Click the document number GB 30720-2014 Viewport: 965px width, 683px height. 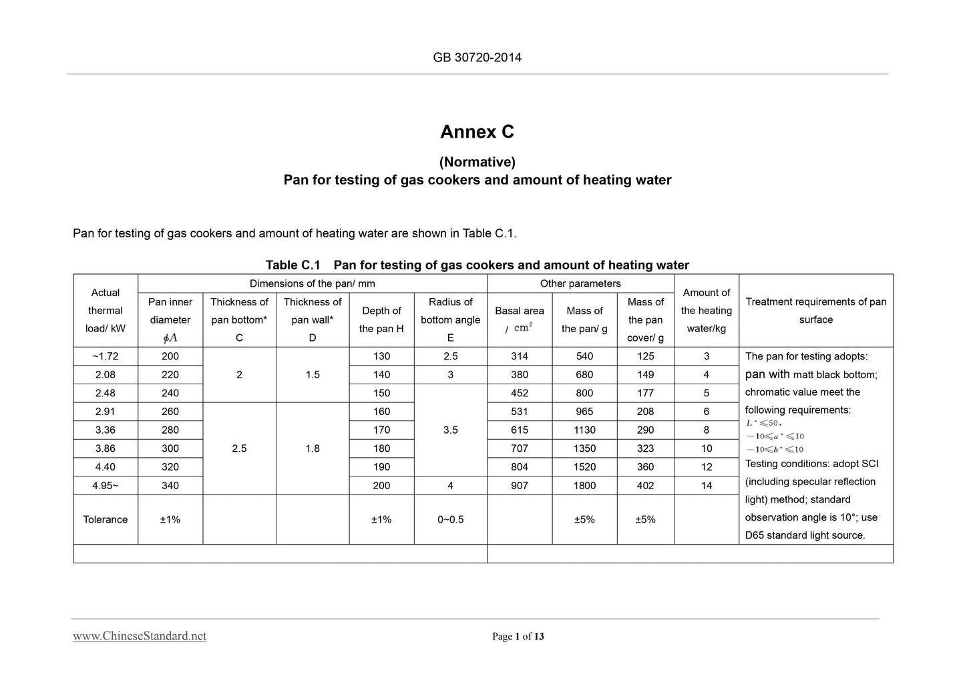coord(477,57)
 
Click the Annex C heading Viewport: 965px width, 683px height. coord(477,132)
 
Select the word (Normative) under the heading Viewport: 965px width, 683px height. coord(477,162)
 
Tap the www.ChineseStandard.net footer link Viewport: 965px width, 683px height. coord(140,636)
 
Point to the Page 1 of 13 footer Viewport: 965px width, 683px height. coord(518,636)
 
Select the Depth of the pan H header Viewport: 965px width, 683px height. coord(381,319)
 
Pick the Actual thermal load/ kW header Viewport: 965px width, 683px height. coord(106,310)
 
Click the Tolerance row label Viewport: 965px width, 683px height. coord(106,519)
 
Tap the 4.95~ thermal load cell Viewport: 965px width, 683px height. coord(106,485)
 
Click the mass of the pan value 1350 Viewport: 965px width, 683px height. coord(584,448)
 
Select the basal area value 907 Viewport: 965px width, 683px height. coord(519,485)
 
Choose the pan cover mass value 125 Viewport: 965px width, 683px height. coord(645,356)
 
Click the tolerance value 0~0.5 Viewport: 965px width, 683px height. coord(450,519)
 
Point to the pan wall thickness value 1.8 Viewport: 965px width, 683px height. coord(313,448)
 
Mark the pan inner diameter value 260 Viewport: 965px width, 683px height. coord(170,412)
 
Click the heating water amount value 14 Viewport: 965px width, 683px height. coord(706,485)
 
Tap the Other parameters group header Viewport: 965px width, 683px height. coord(580,283)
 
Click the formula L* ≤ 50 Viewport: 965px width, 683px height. coord(763,423)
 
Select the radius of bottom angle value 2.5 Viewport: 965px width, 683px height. coord(450,356)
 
